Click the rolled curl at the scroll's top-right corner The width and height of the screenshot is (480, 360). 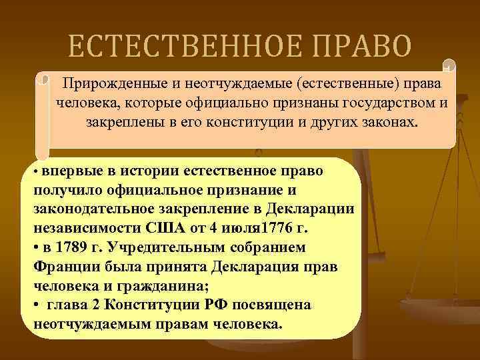(449, 67)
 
